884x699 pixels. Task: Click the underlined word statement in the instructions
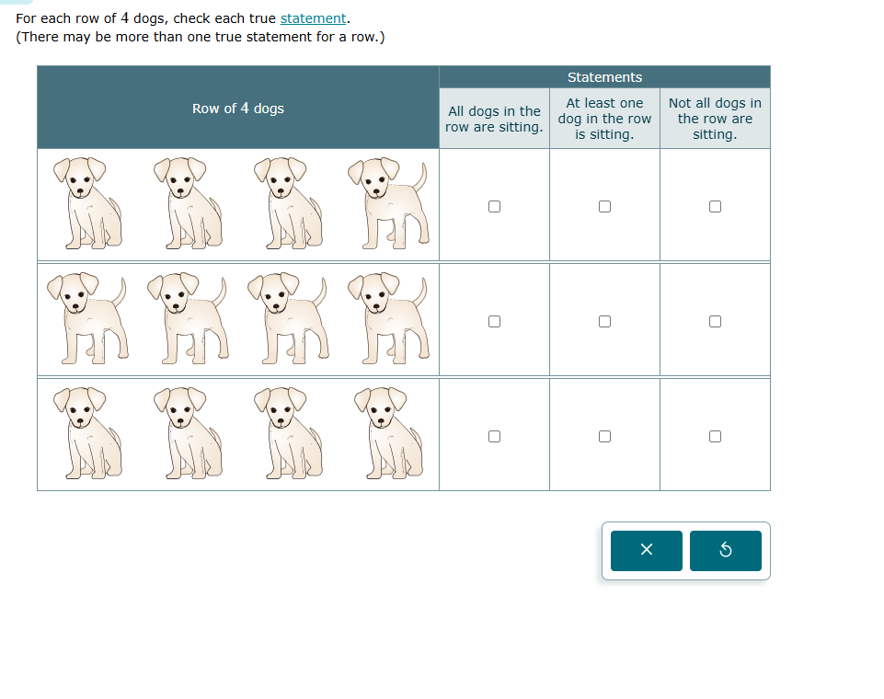coord(313,18)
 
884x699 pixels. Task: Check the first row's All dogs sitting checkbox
coord(494,206)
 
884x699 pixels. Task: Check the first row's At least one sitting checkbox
coord(604,206)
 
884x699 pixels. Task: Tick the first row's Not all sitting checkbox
coord(715,206)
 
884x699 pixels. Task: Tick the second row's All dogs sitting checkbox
coord(494,321)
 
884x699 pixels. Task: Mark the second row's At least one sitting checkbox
coord(604,321)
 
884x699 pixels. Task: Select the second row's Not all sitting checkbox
coord(715,321)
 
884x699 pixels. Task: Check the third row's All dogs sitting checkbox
coord(494,436)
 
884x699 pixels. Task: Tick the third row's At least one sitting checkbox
coord(604,436)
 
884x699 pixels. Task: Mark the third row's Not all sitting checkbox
coord(715,436)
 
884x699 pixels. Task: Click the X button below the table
coord(646,550)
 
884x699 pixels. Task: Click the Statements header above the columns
coord(604,77)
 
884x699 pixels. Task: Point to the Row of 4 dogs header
coord(238,109)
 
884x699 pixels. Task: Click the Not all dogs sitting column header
coord(715,119)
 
